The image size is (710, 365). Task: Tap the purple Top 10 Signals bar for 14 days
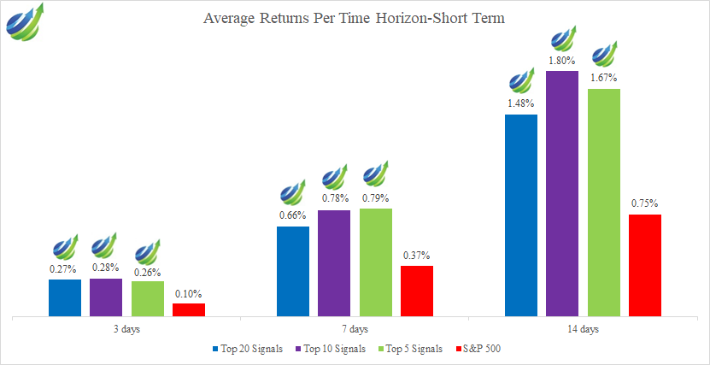562,194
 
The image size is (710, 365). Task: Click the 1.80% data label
562,61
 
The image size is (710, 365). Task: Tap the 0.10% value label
189,293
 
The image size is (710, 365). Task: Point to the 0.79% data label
376,197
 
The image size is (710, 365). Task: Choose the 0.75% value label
645,203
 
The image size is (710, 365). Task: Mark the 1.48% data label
520,103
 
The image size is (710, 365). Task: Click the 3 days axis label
126,329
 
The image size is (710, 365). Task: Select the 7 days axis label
355,329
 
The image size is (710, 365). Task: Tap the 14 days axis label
584,329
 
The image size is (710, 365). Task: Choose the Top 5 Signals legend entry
412,349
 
